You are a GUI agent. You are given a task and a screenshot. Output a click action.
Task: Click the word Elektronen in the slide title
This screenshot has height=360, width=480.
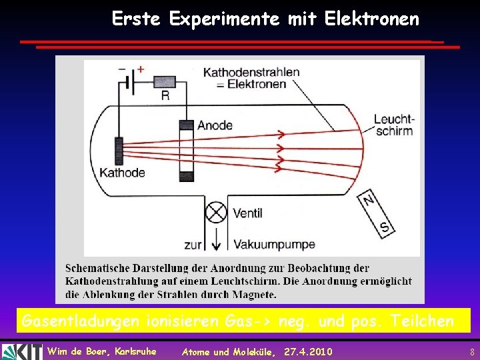[x=372, y=19]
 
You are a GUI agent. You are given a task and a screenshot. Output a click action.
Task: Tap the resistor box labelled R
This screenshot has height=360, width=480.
[x=165, y=81]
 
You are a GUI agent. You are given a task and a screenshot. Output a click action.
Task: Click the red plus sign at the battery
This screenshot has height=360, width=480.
[x=141, y=69]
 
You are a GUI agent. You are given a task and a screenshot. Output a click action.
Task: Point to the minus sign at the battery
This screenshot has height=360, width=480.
[x=121, y=68]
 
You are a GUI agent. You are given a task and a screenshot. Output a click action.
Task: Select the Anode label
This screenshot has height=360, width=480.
[x=215, y=125]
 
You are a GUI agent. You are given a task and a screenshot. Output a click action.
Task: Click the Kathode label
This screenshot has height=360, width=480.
[x=122, y=173]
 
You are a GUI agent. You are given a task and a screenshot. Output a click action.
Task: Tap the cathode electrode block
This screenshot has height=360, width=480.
[x=119, y=151]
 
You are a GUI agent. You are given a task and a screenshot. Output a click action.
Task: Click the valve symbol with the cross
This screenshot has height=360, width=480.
[x=215, y=213]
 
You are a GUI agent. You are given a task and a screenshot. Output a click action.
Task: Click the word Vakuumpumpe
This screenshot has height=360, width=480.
[x=274, y=245]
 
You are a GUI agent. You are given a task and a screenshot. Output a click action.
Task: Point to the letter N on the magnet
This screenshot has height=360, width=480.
[x=369, y=199]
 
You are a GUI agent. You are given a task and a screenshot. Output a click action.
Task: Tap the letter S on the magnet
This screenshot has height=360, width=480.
[x=384, y=227]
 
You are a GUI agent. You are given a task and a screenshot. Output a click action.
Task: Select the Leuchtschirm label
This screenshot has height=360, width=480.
[x=393, y=125]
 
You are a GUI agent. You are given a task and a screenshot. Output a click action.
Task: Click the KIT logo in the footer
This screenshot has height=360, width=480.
[x=21, y=351]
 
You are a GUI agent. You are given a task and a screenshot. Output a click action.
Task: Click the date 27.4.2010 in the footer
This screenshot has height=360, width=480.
[x=308, y=351]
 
